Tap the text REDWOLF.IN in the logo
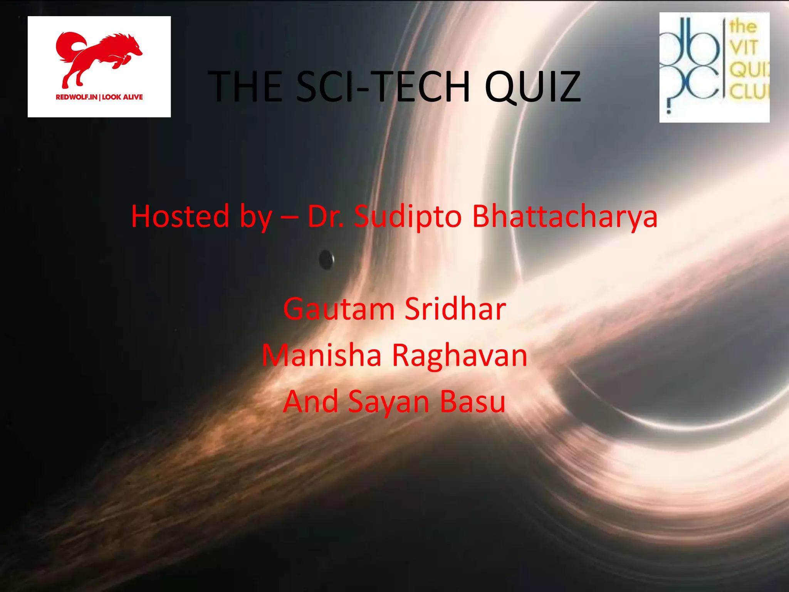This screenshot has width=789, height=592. click(x=76, y=97)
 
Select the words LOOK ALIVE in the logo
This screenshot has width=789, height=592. click(x=123, y=97)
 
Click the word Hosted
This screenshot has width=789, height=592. click(x=180, y=216)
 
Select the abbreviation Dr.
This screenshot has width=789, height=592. click(x=326, y=216)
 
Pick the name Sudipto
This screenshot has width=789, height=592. click(x=408, y=216)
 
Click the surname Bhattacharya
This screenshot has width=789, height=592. click(x=565, y=216)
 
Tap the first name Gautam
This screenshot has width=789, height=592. click(x=339, y=309)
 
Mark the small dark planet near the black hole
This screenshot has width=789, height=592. click(x=326, y=260)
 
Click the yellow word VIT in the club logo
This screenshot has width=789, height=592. click(x=744, y=47)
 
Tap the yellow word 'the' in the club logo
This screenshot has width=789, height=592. click(x=743, y=26)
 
